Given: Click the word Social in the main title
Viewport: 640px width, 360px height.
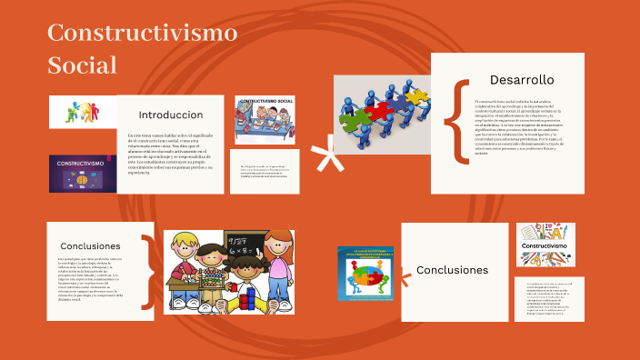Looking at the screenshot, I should (x=83, y=65).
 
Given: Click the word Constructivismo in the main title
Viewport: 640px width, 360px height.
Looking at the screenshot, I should (x=142, y=34).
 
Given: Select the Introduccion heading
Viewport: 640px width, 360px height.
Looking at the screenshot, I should (x=170, y=115).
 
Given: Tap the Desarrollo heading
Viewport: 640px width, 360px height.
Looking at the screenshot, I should (x=521, y=79).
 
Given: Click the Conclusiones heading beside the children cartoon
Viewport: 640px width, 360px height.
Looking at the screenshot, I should (x=90, y=246).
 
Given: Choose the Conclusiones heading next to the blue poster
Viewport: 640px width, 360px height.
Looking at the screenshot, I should (x=452, y=270).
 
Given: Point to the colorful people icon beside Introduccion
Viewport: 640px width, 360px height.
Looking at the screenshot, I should (x=82, y=112).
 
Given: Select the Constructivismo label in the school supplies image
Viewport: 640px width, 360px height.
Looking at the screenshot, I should (x=545, y=245).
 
